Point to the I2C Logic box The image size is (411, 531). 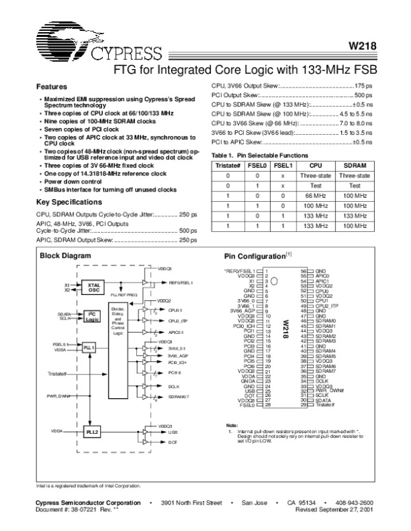[92, 315]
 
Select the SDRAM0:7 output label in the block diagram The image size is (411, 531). [179, 396]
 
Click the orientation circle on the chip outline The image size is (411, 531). [273, 281]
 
